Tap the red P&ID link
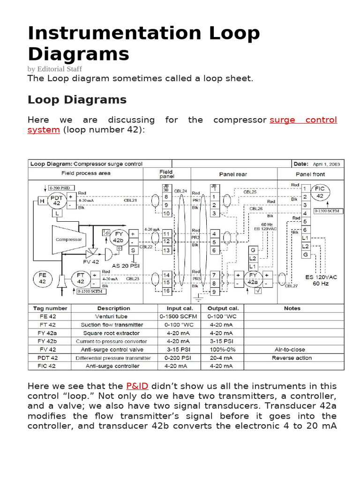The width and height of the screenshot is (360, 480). click(x=137, y=386)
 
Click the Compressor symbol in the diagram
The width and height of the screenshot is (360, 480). click(x=69, y=239)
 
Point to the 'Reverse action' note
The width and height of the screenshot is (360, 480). click(x=292, y=358)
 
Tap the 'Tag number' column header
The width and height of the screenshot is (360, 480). click(x=50, y=308)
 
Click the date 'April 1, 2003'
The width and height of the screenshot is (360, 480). click(x=327, y=164)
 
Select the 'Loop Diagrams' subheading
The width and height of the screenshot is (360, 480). click(x=77, y=100)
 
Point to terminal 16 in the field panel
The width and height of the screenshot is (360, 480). click(x=166, y=291)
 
